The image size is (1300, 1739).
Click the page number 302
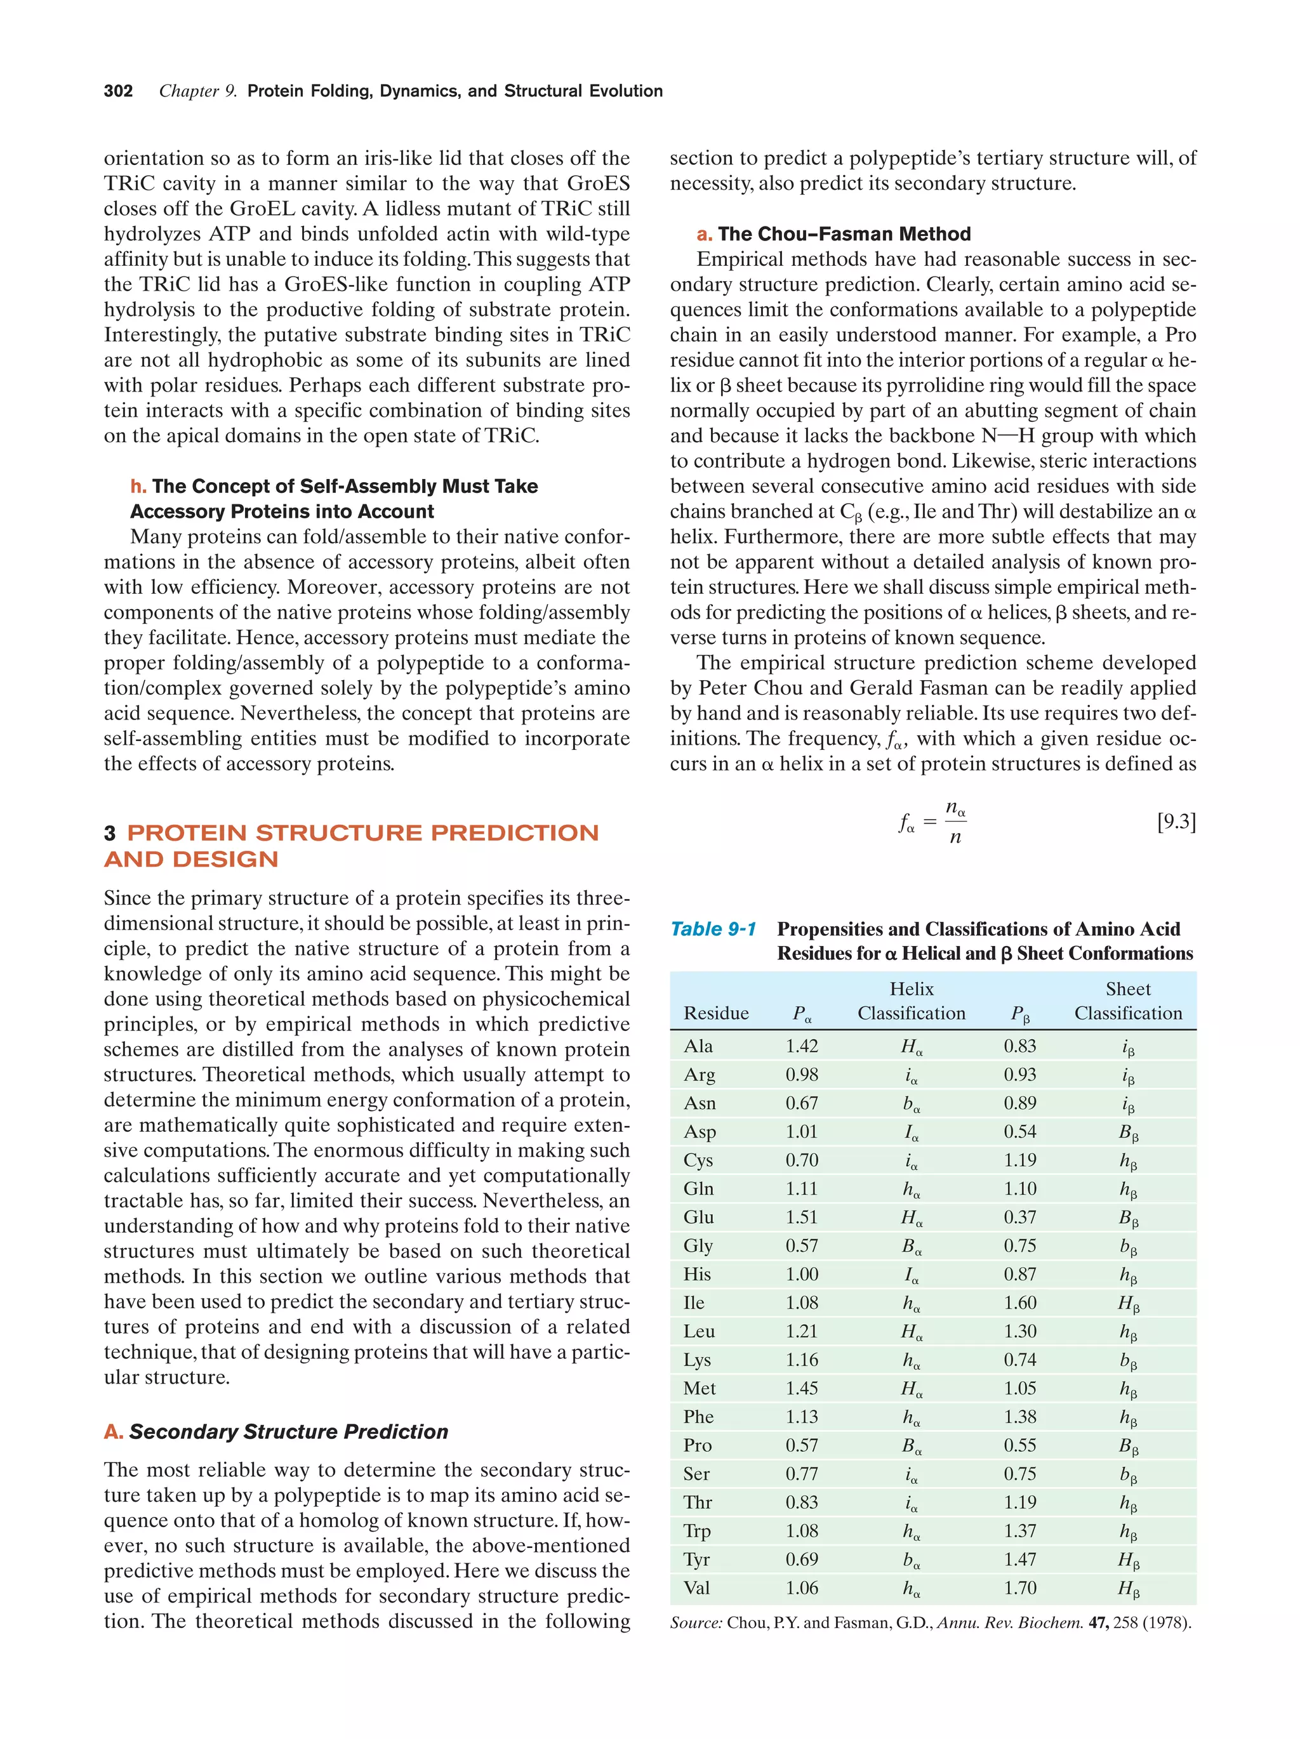point(118,91)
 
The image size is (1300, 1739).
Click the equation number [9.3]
point(1176,822)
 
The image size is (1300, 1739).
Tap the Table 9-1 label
point(712,929)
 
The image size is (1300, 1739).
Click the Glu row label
point(698,1217)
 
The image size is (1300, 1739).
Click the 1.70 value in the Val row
point(1019,1587)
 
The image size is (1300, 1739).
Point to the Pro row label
point(698,1445)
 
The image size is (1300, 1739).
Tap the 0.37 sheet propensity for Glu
point(1019,1217)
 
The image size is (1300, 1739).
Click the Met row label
point(699,1388)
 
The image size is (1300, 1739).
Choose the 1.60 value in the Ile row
point(1019,1303)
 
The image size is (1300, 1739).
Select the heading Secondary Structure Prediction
point(289,1431)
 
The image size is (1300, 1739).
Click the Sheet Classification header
point(1128,1001)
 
